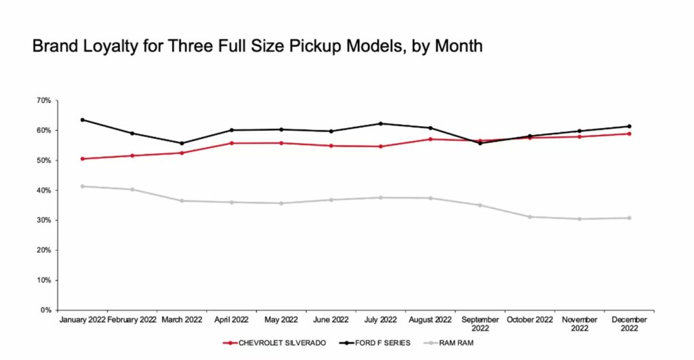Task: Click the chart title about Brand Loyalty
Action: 258,47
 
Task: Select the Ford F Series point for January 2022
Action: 83,120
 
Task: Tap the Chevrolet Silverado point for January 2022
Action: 83,159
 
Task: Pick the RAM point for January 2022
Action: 83,186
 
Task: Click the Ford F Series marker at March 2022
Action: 182,143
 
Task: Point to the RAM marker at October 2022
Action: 530,217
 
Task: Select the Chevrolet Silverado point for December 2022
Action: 629,134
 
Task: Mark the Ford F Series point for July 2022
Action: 381,123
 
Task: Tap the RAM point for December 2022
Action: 629,218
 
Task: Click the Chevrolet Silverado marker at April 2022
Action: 232,143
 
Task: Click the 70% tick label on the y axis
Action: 44,100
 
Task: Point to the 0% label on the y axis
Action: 46,310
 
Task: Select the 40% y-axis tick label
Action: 44,191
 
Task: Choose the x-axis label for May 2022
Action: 281,319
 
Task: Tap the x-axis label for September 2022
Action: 480,323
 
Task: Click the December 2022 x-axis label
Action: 629,323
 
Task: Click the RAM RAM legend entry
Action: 455,342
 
